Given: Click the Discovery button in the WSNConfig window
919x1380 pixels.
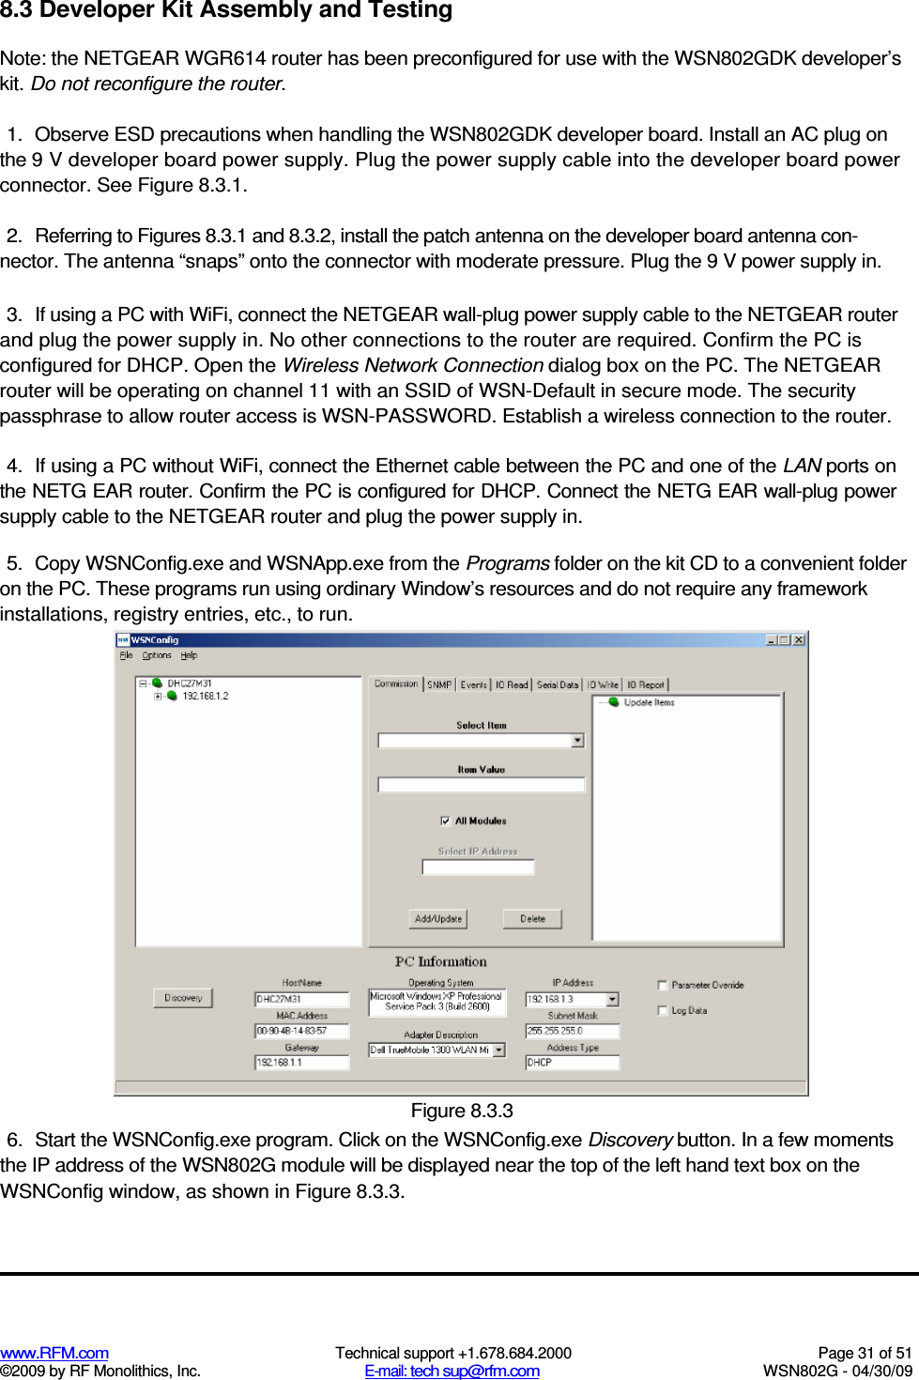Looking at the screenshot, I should (183, 998).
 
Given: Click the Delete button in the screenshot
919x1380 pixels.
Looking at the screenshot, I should (532, 919).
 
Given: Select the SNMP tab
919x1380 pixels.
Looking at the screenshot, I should (439, 685).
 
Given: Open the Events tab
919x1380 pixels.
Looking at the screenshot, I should (474, 685).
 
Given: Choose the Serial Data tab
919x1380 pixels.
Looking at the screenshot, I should (558, 685).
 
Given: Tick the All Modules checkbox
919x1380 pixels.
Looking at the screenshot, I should (445, 820).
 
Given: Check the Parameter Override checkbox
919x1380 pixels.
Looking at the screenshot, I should (663, 985).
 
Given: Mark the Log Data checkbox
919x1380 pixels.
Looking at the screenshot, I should (663, 1010).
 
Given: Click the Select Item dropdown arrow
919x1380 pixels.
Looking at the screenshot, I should (577, 741).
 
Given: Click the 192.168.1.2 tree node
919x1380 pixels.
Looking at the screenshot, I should (205, 696).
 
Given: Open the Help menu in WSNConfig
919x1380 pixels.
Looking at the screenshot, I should (189, 655).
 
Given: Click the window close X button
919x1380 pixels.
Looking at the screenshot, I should (799, 640).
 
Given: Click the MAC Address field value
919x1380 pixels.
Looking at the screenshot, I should (300, 1031).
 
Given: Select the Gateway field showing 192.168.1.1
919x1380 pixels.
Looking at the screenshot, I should (300, 1063).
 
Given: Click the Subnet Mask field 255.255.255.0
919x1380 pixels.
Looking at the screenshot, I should (571, 1031).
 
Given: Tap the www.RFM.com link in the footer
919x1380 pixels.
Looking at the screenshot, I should (54, 1353).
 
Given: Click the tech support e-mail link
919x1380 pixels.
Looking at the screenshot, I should (452, 1371).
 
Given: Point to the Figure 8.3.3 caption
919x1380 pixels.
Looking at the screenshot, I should (462, 1112).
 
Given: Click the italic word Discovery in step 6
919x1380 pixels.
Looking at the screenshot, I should (629, 1140).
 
